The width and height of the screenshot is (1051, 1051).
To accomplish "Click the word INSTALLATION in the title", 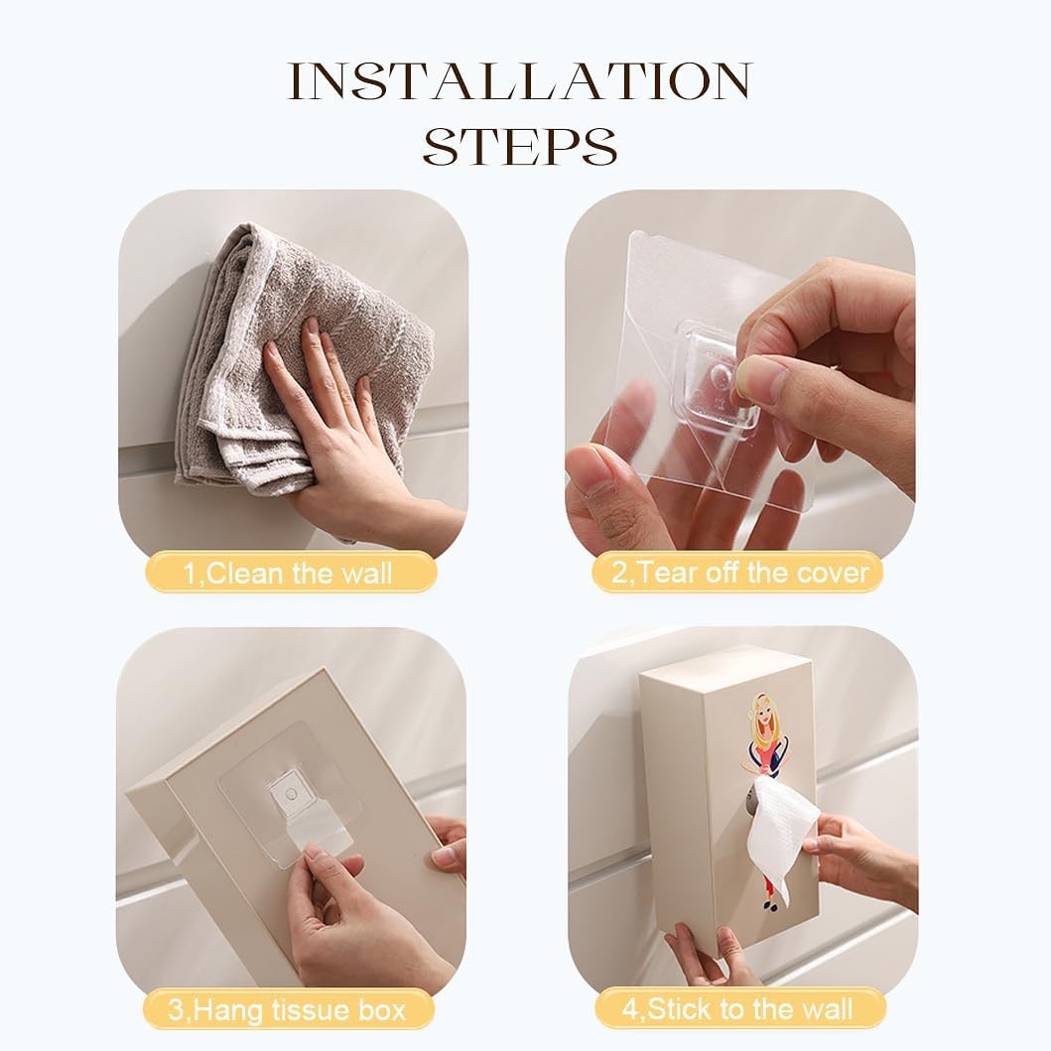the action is click(520, 81).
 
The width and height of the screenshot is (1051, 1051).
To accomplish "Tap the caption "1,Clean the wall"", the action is click(288, 574).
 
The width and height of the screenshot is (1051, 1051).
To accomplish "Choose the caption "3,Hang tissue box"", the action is click(287, 1009).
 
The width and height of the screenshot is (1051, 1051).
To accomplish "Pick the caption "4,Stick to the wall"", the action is click(737, 1008).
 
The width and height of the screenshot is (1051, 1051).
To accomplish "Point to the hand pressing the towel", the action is click(348, 429).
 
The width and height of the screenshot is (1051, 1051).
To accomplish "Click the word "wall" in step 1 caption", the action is click(366, 574).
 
